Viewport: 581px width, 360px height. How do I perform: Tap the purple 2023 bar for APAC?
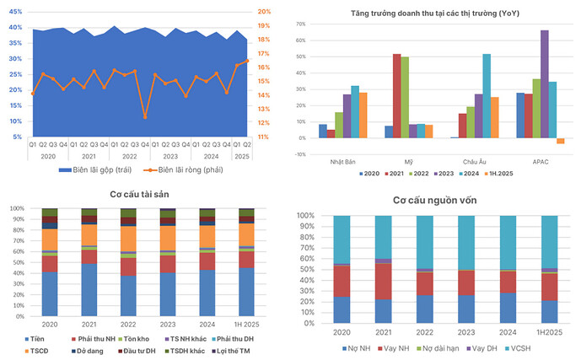[545, 83]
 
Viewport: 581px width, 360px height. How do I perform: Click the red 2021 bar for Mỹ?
[396, 95]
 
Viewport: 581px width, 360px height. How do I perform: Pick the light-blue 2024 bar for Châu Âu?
[487, 95]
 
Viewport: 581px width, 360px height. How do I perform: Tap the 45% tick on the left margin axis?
[16, 12]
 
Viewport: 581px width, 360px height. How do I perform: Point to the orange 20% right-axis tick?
[264, 12]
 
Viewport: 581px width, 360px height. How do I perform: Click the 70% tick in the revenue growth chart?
[300, 24]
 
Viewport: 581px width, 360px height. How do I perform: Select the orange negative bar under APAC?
[560, 141]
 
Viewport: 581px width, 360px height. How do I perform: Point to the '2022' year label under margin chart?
[129, 156]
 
